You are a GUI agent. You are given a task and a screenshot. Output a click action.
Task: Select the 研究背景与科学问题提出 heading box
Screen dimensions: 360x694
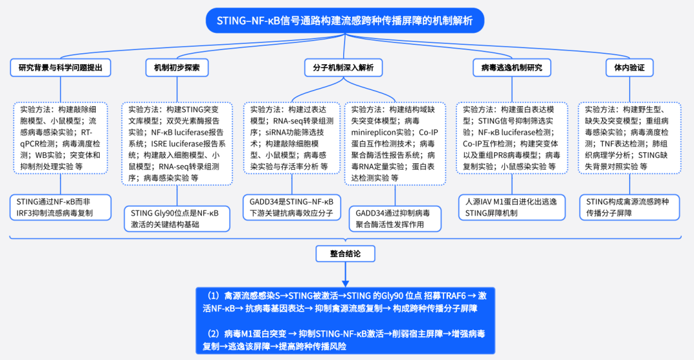[x=60, y=67]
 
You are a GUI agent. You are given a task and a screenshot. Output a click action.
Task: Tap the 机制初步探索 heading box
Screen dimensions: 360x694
[x=177, y=67]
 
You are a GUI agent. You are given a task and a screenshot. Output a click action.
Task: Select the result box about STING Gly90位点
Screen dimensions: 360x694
[x=177, y=219]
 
